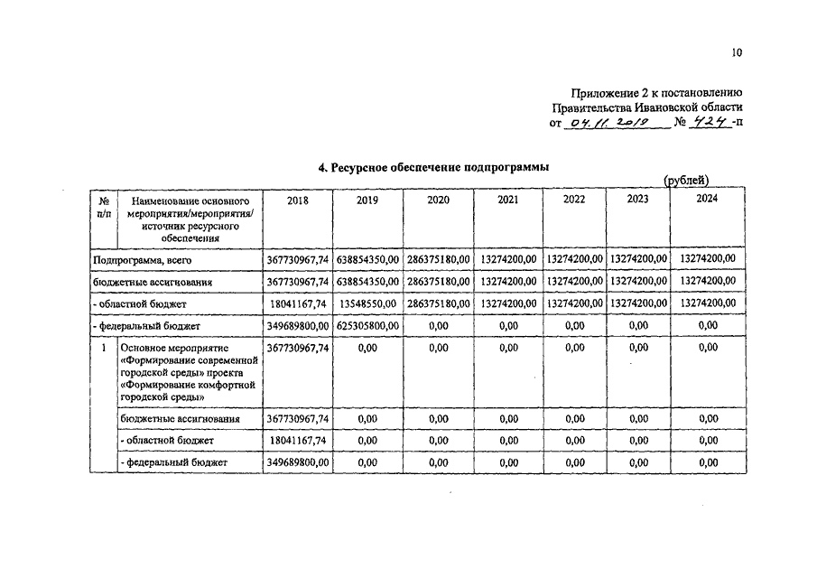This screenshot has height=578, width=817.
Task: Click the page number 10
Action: [737, 53]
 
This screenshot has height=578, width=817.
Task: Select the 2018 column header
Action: [297, 200]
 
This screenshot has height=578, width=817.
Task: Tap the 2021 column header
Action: [507, 200]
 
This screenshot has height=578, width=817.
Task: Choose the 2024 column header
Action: [707, 199]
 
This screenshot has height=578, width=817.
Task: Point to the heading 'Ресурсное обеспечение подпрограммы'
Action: [433, 167]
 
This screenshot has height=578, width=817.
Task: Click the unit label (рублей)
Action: [686, 180]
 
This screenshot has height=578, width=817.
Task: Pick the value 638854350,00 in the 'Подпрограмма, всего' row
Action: [367, 259]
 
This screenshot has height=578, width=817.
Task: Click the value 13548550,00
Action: [367, 304]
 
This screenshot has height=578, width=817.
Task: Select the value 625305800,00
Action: [367, 326]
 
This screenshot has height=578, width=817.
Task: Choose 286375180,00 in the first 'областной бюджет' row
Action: [438, 304]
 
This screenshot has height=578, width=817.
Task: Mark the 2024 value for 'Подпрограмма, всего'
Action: [707, 259]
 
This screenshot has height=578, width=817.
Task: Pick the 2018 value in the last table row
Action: [297, 462]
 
